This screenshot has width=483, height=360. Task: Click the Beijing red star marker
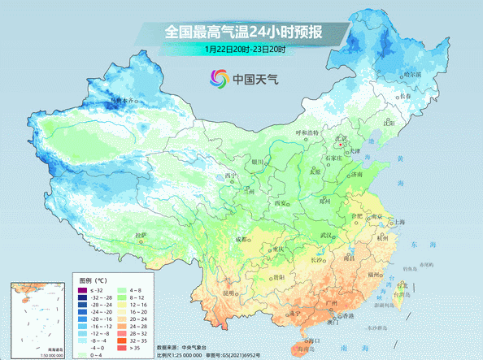click(x=340, y=145)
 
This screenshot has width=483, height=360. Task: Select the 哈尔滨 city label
click(x=413, y=74)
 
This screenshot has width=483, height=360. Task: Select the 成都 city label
click(x=242, y=239)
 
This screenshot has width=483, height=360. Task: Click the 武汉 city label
click(x=329, y=236)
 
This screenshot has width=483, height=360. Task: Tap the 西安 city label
click(x=281, y=202)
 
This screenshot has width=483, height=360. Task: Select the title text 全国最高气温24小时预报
click(x=243, y=33)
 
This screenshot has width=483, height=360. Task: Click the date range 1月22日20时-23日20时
click(x=245, y=50)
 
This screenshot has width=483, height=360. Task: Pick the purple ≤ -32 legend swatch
click(x=82, y=290)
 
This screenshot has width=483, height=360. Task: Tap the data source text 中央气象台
click(x=202, y=347)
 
